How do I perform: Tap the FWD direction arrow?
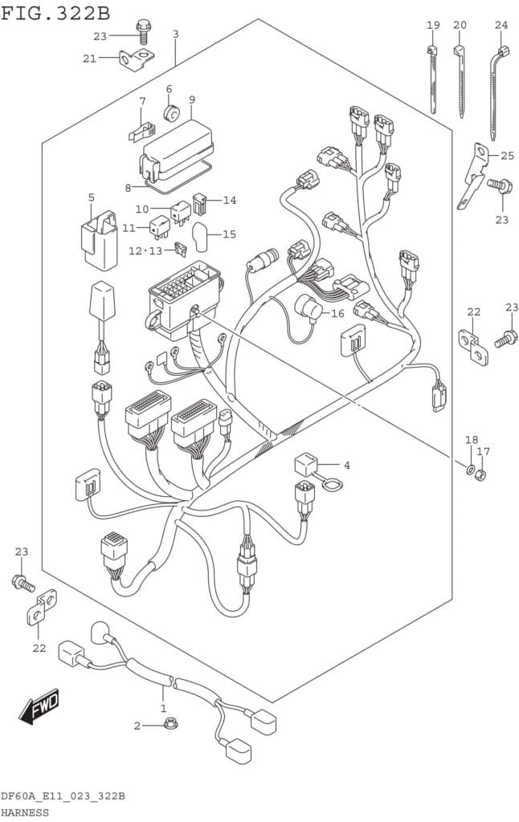(x=39, y=708)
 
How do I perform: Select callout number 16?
(x=337, y=313)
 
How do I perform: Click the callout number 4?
(x=346, y=465)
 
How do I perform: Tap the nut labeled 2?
(x=170, y=725)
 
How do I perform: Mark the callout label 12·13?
(x=145, y=250)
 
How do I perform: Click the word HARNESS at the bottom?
(x=24, y=812)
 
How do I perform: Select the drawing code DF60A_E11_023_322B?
(x=62, y=796)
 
